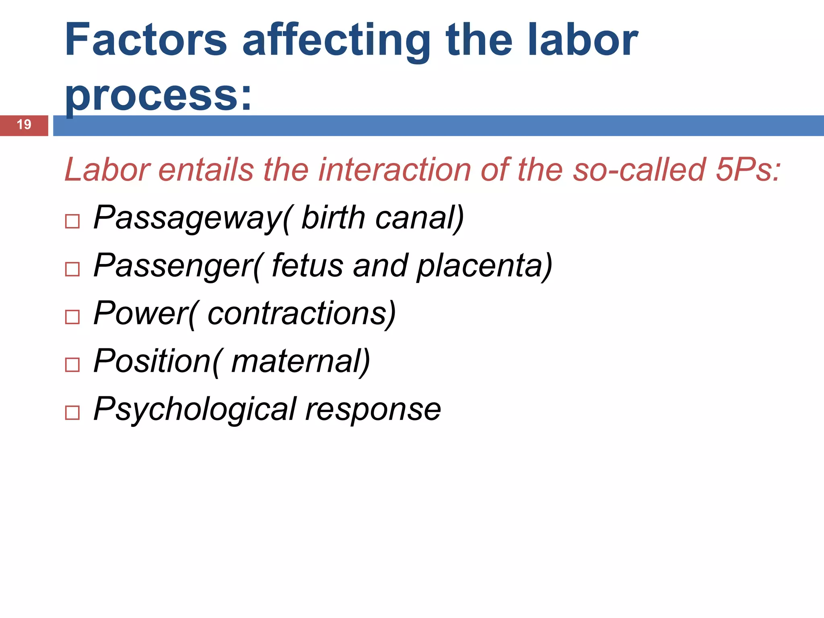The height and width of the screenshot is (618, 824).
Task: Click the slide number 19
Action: (24, 125)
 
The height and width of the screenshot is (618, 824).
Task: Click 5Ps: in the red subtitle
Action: (748, 170)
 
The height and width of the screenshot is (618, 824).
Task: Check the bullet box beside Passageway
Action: (72, 221)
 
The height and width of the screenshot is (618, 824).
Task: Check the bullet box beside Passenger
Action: (72, 269)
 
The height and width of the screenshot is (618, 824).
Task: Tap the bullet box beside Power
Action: (72, 317)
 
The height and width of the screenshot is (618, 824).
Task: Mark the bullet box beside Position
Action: (72, 365)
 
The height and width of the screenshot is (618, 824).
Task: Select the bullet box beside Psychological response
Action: (72, 413)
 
